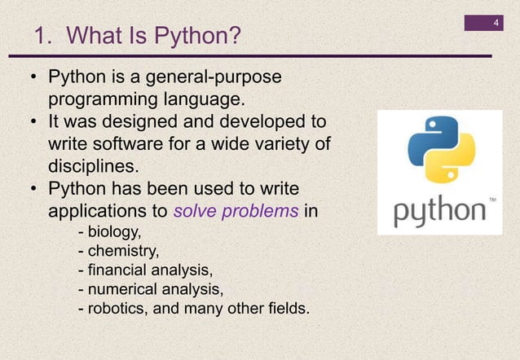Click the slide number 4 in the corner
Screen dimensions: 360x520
coord(496,20)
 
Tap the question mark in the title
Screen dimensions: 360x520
coord(235,37)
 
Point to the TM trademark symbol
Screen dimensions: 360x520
coord(491,200)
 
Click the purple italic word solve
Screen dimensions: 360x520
coord(196,212)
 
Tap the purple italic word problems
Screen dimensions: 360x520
coord(261,212)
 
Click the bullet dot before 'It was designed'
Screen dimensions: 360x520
coord(34,123)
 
